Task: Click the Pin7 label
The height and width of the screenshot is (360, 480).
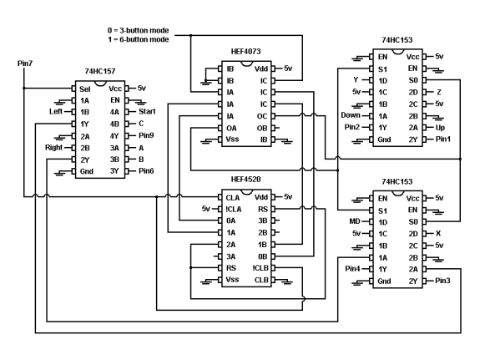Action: (25, 63)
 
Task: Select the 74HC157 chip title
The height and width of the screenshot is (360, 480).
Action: (100, 71)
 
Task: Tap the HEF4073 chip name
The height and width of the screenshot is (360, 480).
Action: (245, 51)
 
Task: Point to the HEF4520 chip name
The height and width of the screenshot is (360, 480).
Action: (245, 180)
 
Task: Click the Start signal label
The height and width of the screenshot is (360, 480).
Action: (147, 112)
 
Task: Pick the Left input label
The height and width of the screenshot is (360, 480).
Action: (56, 112)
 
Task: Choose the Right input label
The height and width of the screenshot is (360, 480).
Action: (54, 147)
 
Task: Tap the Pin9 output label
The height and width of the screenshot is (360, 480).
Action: (146, 135)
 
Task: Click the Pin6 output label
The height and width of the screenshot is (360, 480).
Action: (146, 171)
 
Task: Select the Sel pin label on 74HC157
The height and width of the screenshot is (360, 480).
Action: (85, 89)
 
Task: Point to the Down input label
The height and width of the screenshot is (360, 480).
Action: (351, 115)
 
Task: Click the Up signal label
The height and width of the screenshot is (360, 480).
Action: (440, 128)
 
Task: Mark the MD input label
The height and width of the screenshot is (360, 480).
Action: (355, 221)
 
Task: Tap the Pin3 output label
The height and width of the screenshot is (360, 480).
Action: (442, 281)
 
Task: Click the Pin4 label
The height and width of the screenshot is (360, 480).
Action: (352, 269)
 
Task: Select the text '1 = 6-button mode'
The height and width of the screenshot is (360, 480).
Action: (139, 39)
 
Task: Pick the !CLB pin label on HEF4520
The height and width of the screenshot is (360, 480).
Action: (260, 268)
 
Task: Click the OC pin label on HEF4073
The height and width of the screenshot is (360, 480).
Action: (262, 116)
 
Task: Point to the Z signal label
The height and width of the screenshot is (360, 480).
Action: (439, 92)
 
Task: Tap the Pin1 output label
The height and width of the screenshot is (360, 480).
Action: (443, 139)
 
